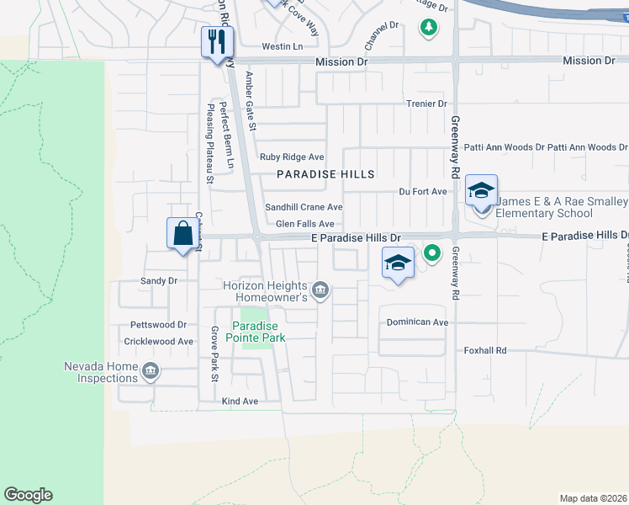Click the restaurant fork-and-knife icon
[217, 42]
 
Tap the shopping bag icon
[182, 233]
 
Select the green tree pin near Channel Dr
[429, 28]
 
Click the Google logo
[28, 495]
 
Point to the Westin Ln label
[283, 46]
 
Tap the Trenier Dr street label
[429, 104]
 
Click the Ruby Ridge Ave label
[292, 157]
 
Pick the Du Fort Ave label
[422, 191]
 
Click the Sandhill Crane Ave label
[304, 207]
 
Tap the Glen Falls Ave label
[305, 224]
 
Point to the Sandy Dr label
[159, 281]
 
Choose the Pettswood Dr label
[158, 324]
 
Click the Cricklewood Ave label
[159, 341]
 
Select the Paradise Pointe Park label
[259, 332]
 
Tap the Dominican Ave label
[417, 322]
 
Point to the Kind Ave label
[240, 401]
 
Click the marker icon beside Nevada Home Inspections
[151, 371]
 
